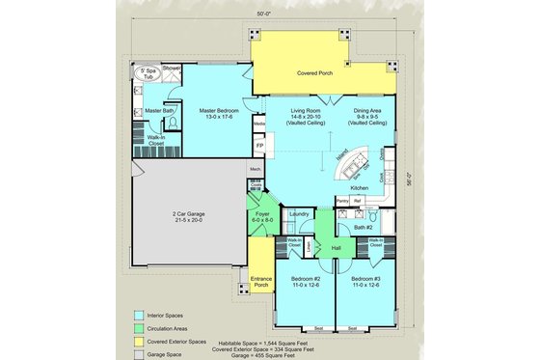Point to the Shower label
pos(171,68)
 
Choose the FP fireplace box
pos(259,145)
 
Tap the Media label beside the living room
pos(258,124)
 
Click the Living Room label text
pos(305,115)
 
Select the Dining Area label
pos(366,115)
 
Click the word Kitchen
pos(359,187)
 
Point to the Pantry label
pos(342,201)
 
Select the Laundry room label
pos(298,213)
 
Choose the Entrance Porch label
pos(260,283)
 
